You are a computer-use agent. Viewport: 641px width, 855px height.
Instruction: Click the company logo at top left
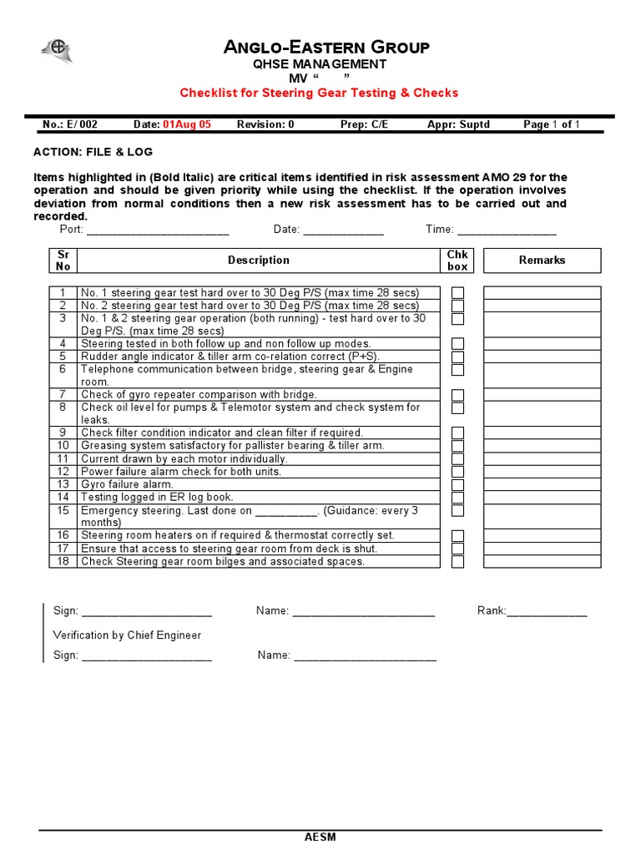(57, 51)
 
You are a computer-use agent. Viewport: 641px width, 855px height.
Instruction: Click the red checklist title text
(320, 93)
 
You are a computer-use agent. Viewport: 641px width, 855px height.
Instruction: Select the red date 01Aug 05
(187, 124)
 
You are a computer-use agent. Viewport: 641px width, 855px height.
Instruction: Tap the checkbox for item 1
(457, 293)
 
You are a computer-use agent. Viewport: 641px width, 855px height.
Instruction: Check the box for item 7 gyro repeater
(457, 395)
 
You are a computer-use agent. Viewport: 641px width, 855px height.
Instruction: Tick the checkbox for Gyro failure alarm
(457, 484)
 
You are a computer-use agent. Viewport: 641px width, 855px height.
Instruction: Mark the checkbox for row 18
(457, 562)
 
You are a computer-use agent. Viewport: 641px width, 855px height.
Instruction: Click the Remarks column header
(542, 261)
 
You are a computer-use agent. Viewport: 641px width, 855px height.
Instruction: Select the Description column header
(259, 261)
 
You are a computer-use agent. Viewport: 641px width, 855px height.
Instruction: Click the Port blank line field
(158, 231)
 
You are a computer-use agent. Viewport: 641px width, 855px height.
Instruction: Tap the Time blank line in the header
(507, 231)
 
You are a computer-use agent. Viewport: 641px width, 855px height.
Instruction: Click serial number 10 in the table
(63, 446)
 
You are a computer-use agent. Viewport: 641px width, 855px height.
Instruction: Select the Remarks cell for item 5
(542, 357)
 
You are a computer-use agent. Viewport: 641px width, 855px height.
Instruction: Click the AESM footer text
(320, 837)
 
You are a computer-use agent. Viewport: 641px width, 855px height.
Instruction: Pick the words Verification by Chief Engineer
(127, 635)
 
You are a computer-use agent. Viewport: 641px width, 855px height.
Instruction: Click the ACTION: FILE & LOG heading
(93, 152)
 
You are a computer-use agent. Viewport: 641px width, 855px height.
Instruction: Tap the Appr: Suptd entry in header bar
(458, 124)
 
